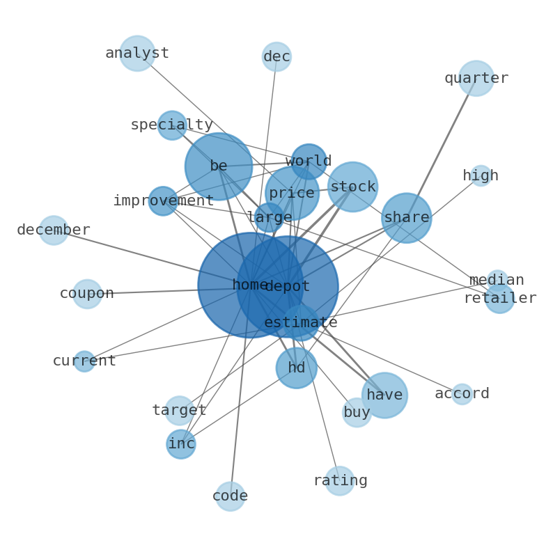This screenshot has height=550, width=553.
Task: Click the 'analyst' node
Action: tap(137, 54)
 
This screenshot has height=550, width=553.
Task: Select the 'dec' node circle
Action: tap(276, 57)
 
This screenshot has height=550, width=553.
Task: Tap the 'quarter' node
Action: tap(476, 79)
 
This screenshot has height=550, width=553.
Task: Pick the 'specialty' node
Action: tap(172, 125)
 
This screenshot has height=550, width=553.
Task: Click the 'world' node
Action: tap(309, 162)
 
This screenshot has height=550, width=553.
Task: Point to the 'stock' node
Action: tap(353, 187)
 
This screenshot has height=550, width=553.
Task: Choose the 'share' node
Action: tap(407, 218)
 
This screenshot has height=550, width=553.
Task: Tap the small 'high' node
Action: tap(481, 176)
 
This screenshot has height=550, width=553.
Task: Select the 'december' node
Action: tap(54, 230)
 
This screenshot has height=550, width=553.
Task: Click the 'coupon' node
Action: tap(87, 294)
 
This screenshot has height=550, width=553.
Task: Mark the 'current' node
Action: tap(84, 361)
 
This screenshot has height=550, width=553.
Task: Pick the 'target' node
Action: tap(180, 411)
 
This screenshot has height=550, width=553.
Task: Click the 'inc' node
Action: tap(181, 444)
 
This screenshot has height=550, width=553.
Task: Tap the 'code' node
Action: tap(230, 496)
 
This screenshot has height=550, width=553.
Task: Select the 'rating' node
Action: tap(340, 481)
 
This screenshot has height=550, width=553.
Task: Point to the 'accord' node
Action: tap(462, 394)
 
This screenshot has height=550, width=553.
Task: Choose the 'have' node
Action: tap(384, 395)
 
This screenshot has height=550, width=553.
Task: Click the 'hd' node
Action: tap(297, 368)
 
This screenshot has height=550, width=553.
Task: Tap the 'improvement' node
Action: tap(163, 201)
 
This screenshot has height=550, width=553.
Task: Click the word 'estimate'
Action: tap(301, 323)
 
